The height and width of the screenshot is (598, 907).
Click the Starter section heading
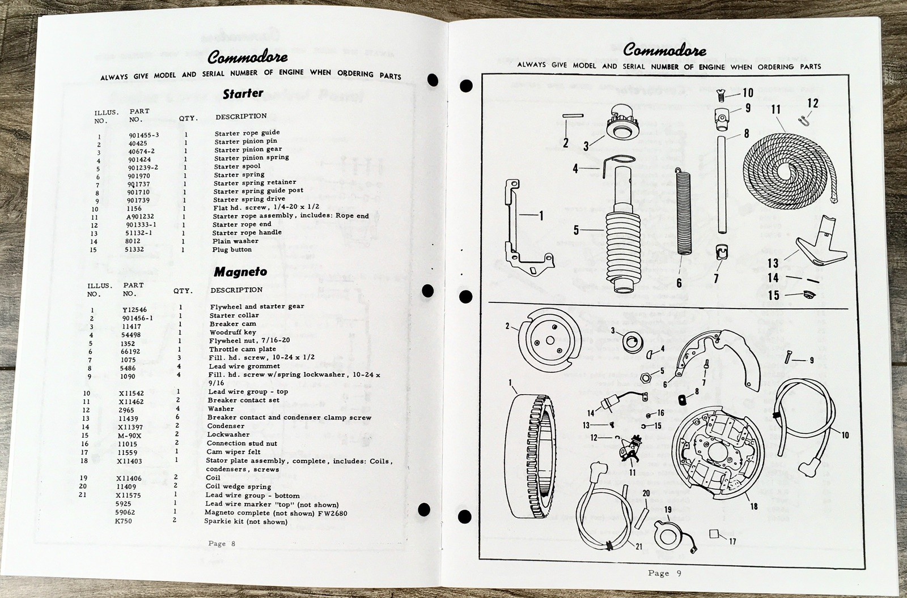point(243,93)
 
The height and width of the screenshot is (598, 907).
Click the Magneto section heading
point(240,272)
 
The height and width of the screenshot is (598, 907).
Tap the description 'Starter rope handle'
point(247,233)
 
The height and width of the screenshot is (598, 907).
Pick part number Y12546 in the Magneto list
point(134,310)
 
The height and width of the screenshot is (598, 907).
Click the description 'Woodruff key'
point(232,332)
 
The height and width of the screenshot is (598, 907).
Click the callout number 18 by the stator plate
point(753,506)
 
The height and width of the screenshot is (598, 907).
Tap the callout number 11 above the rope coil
point(776,109)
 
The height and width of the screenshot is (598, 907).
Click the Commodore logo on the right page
point(664,52)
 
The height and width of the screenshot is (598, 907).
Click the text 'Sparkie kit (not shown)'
point(245,522)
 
